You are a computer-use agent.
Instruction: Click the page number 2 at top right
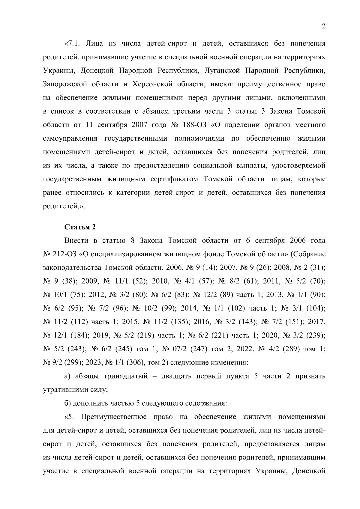pos(323,26)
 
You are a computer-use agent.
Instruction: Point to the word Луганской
pos(222,71)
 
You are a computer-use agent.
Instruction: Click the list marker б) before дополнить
pos(68,403)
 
